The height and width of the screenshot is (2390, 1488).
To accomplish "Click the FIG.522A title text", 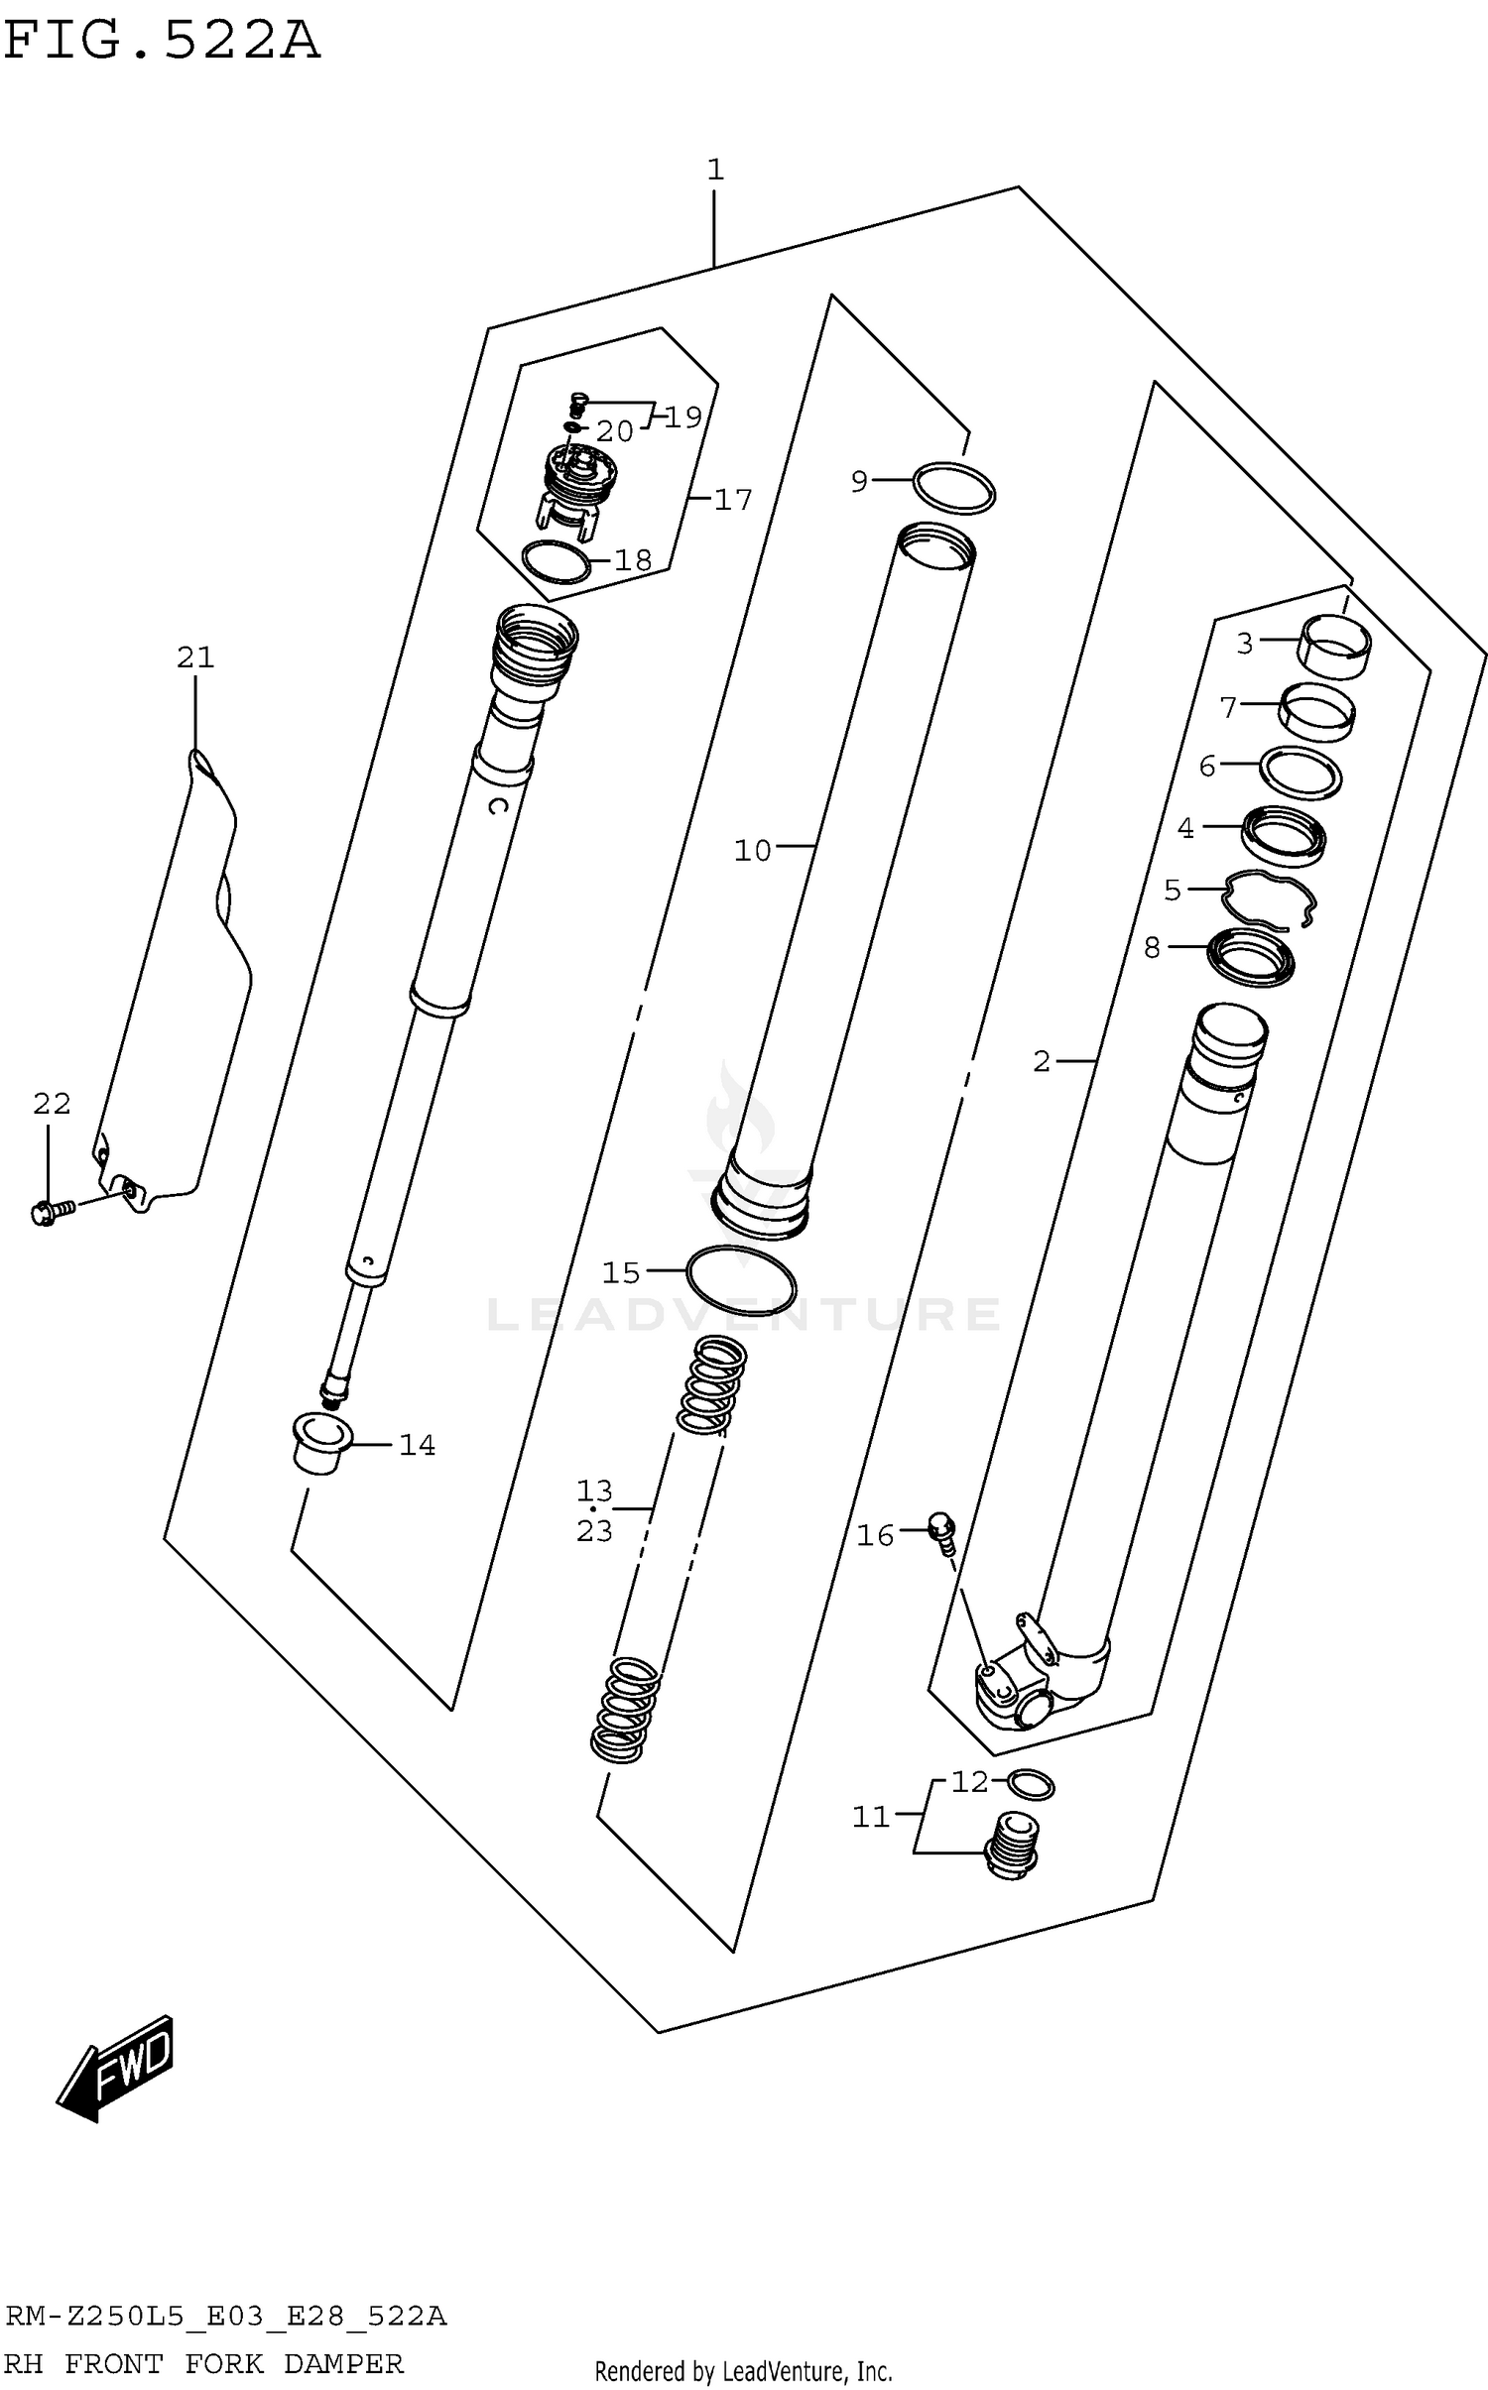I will pos(162,42).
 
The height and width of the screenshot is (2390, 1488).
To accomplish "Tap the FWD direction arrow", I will pos(116,2068).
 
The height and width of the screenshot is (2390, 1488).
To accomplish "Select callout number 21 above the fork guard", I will pos(195,657).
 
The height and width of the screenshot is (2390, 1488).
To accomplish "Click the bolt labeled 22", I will pos(51,1211).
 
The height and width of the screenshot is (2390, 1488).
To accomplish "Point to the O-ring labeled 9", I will pos(953,487).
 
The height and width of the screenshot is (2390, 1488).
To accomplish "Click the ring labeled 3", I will pos(1335,646).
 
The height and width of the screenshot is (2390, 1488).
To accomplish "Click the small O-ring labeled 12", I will pos(1031,1785).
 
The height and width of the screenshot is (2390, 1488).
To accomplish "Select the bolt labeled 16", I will pos(942,1533).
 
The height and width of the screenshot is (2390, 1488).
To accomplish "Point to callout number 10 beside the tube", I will pos(752,851).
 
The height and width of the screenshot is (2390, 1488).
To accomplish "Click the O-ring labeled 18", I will pos(556,563).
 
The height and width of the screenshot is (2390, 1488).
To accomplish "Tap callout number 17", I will pos(733,500).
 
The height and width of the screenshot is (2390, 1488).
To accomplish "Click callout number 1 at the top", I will pos(715,171).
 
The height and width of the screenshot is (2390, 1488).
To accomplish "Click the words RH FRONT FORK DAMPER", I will pos(203,2363).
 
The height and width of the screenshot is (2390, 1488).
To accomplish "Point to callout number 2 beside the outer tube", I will pos(1041,1062).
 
